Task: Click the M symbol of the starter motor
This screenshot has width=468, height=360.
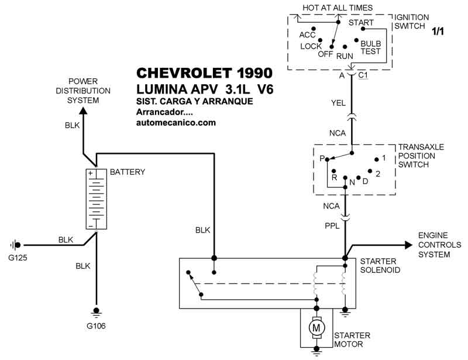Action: pyautogui.click(x=316, y=328)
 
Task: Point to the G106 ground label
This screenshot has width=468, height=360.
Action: pyautogui.click(x=97, y=326)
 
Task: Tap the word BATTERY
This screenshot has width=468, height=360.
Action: pyautogui.click(x=128, y=172)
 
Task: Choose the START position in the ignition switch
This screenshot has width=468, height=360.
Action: pyautogui.click(x=361, y=23)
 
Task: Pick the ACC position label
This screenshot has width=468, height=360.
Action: pyautogui.click(x=308, y=34)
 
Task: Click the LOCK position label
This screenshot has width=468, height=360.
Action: pyautogui.click(x=311, y=46)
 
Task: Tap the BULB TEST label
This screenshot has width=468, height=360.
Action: pyautogui.click(x=370, y=47)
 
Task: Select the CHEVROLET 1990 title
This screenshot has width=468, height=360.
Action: pyautogui.click(x=204, y=74)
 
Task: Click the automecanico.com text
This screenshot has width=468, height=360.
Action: pyautogui.click(x=175, y=123)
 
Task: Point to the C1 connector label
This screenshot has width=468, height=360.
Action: pyautogui.click(x=363, y=75)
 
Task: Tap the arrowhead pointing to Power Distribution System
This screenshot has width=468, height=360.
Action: pyautogui.click(x=82, y=112)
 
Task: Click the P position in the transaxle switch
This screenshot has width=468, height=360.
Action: pyautogui.click(x=322, y=158)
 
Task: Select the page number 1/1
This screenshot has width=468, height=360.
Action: pyautogui.click(x=438, y=32)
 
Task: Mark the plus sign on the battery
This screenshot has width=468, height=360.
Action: pyautogui.click(x=91, y=174)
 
